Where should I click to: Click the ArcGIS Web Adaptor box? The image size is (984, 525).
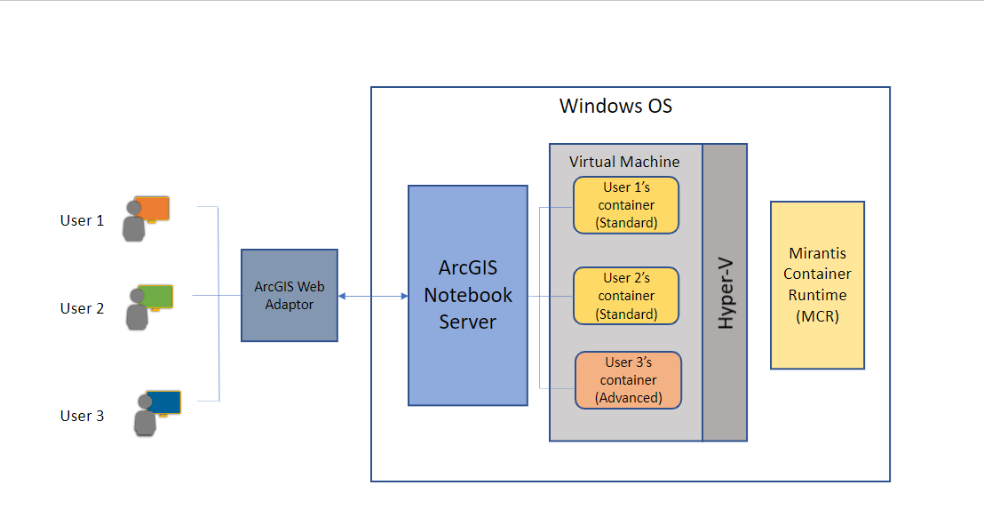tap(289, 295)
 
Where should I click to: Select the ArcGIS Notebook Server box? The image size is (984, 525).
tap(467, 295)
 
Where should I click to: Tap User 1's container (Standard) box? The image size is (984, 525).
tap(626, 205)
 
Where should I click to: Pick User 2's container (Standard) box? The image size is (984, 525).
tap(626, 296)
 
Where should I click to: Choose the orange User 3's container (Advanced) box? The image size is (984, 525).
tap(627, 380)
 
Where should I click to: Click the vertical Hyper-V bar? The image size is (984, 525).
tap(725, 292)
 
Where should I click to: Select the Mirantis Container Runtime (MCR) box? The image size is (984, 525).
tap(817, 284)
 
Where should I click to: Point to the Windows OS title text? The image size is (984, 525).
tap(615, 107)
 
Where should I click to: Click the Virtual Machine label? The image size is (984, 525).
tap(624, 162)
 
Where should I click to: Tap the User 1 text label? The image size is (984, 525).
tap(82, 220)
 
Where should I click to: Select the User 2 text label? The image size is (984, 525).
tap(82, 308)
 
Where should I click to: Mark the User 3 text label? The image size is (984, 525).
tap(82, 416)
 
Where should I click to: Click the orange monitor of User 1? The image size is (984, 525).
tap(152, 208)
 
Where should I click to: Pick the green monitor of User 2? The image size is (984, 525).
tap(155, 297)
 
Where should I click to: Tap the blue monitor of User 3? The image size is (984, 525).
tap(163, 402)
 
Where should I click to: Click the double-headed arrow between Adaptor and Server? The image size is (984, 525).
tap(372, 296)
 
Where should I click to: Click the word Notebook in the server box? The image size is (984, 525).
tap(467, 295)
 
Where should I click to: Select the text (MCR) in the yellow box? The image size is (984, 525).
tap(817, 316)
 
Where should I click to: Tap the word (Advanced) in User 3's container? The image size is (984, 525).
tap(628, 397)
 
